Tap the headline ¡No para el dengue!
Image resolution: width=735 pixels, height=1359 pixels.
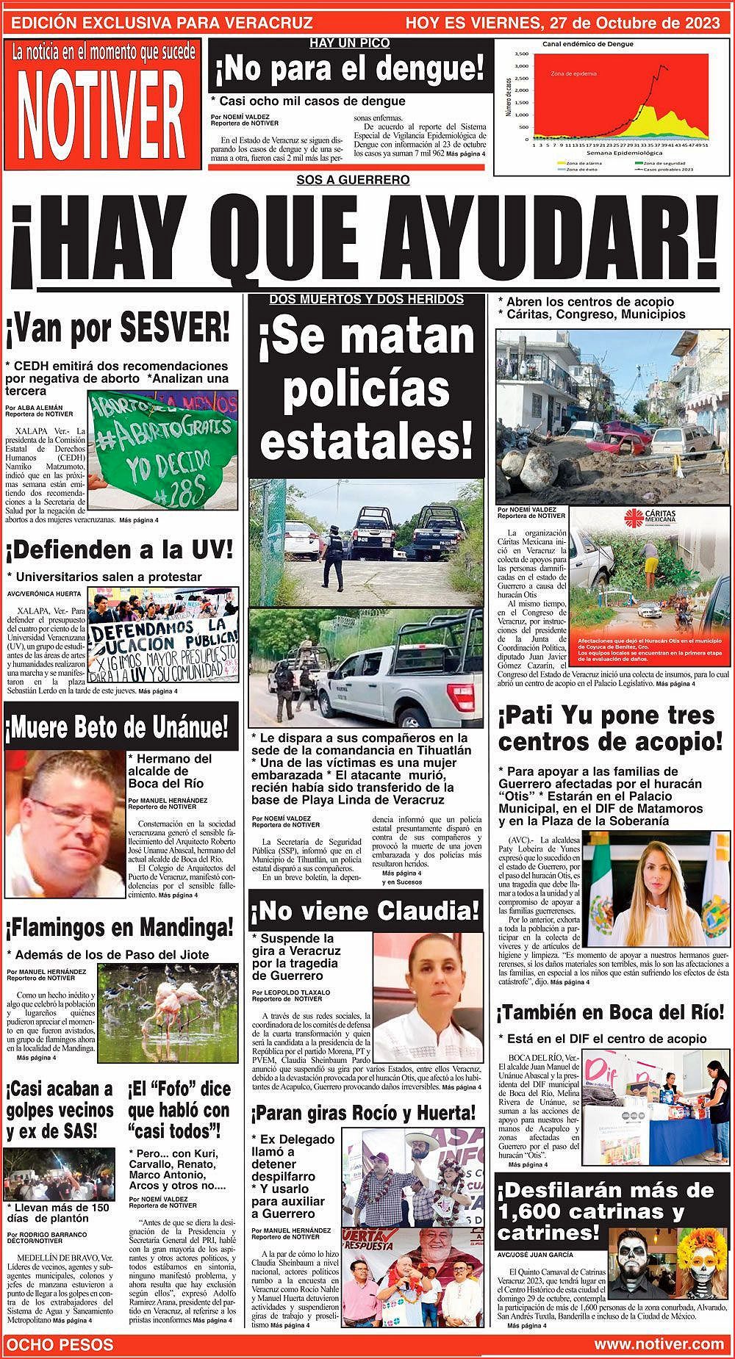[x=350, y=71]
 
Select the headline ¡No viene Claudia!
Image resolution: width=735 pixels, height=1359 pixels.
[x=365, y=912]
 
